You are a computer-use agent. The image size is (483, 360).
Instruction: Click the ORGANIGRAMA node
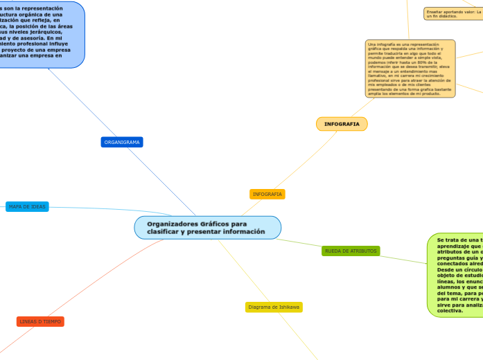tap(122, 142)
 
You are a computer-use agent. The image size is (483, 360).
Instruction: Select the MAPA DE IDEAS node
tap(28, 206)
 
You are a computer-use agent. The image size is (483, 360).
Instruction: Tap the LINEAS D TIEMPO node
tap(40, 321)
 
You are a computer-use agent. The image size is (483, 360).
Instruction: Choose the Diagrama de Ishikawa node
tap(274, 307)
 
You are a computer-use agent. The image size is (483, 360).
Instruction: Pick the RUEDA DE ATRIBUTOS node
tap(351, 251)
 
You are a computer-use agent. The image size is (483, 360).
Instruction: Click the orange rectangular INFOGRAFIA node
tap(267, 194)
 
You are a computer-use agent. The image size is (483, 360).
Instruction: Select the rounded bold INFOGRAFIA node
tap(342, 124)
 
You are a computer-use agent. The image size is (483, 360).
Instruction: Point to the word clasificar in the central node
tap(165, 232)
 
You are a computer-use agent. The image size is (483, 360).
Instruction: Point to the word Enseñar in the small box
tap(434, 11)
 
